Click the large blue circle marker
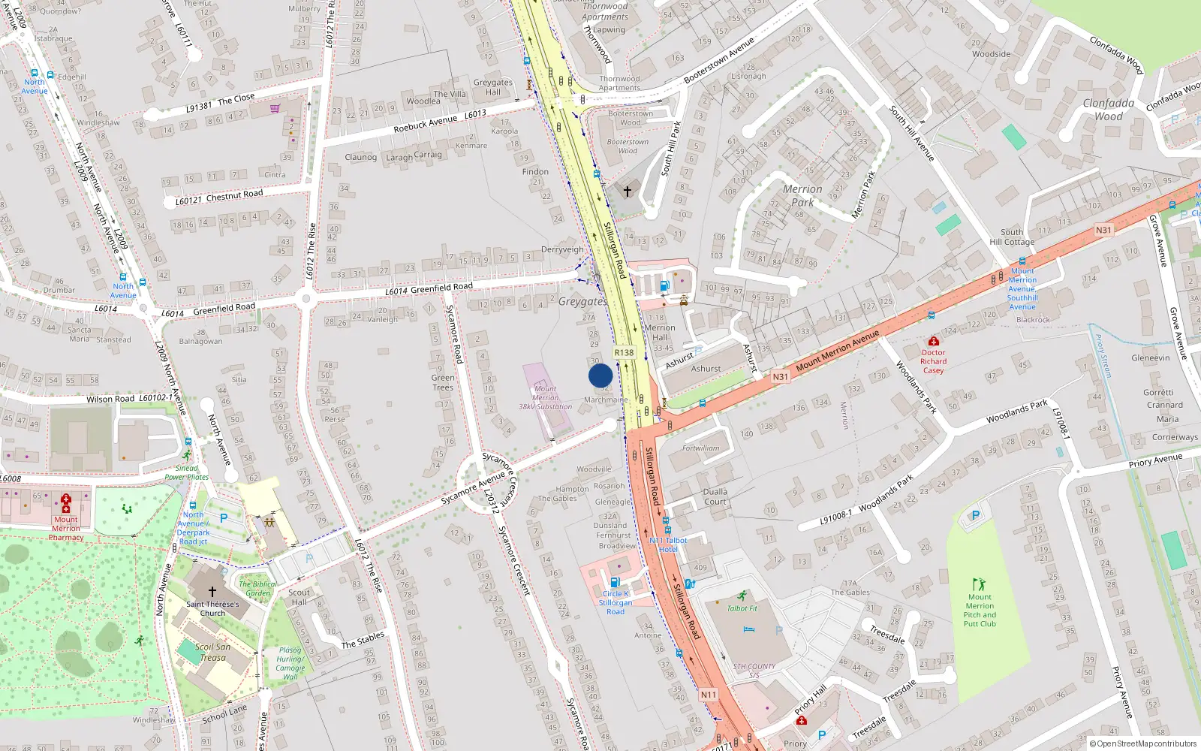600,375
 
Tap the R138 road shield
624,352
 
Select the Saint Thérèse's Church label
212,608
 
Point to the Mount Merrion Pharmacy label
66,528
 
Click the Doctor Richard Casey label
934,361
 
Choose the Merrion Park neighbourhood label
802,195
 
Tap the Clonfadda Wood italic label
1109,110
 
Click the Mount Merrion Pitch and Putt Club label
980,611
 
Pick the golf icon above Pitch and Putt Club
979,584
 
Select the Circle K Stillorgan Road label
616,602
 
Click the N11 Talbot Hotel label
668,544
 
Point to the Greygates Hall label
492,87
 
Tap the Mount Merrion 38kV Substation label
546,398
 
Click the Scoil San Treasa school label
212,652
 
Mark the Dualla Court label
715,496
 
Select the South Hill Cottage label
1012,237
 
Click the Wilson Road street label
110,399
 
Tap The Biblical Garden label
257,588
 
